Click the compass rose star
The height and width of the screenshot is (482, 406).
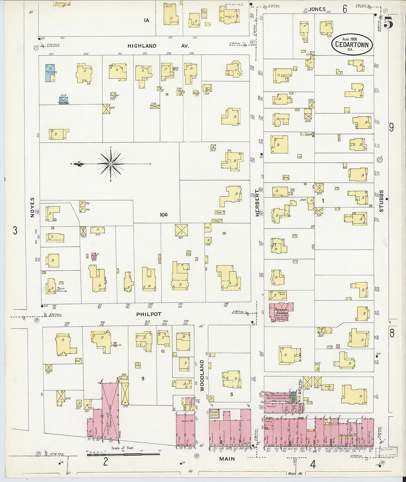point(111,163)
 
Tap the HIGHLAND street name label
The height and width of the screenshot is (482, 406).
point(142,46)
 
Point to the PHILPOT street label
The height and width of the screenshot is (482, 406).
point(149,314)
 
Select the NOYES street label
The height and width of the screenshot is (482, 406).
point(32,207)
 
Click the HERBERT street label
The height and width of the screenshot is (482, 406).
point(257,203)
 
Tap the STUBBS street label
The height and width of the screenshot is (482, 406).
point(381,201)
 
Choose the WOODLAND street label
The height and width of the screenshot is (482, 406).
point(202,375)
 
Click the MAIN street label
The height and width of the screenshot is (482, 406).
point(227,459)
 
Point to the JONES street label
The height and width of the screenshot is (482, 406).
point(317,9)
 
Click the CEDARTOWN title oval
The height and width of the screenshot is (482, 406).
point(351,44)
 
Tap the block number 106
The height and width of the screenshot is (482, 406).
point(164,215)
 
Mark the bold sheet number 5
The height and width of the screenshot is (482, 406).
point(388,23)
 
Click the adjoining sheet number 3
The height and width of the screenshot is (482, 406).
point(15,230)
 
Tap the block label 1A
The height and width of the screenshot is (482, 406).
point(147,20)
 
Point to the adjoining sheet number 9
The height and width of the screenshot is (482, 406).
point(391,127)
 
